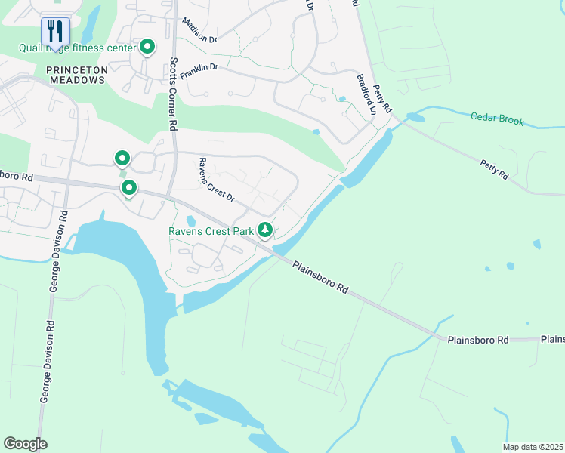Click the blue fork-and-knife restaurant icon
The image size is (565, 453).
click(55, 32)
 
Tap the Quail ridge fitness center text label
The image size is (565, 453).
click(77, 48)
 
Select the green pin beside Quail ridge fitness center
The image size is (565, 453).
click(147, 48)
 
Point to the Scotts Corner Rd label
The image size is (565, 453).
click(173, 94)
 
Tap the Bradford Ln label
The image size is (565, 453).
click(367, 94)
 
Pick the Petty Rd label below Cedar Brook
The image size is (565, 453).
click(495, 168)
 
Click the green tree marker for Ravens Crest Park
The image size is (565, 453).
click(264, 228)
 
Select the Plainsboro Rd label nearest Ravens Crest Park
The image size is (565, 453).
click(321, 277)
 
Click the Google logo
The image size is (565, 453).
click(25, 443)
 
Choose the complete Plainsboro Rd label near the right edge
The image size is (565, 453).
click(477, 341)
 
